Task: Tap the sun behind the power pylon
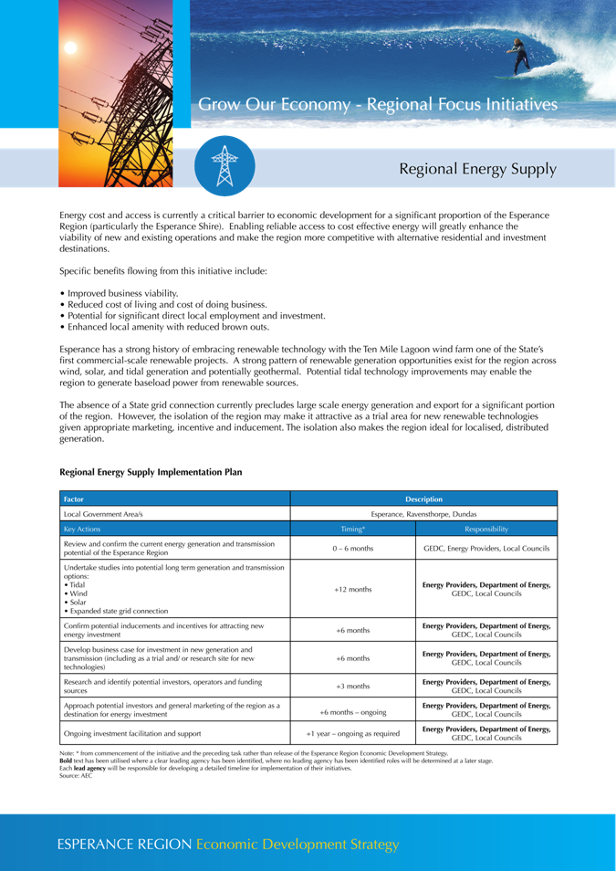[x=72, y=47]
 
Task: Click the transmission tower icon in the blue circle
[x=224, y=165]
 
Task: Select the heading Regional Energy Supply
[x=477, y=169]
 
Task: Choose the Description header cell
[x=423, y=498]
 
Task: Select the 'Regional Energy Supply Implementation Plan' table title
[x=151, y=473]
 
